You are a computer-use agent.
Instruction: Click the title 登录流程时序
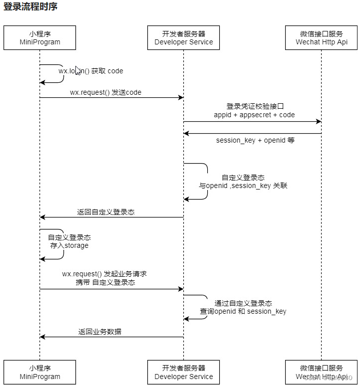30,7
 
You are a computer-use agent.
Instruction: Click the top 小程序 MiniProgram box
40,38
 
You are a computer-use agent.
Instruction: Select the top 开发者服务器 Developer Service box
184,38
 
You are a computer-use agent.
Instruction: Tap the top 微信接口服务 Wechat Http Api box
322,38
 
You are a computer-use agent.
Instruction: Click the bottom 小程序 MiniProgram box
40,372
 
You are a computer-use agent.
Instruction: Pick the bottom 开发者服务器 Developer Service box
184,372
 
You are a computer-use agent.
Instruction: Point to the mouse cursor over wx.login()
78,70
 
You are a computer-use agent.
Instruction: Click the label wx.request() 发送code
105,92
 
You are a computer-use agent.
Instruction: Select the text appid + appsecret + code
254,115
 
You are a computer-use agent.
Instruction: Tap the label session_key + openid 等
255,140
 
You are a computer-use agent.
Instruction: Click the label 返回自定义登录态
106,212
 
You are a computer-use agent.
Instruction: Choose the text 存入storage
69,245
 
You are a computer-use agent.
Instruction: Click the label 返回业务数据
100,331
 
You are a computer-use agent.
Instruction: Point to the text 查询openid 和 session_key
243,311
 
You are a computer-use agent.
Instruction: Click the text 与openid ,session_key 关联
243,186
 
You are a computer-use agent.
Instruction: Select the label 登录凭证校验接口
255,106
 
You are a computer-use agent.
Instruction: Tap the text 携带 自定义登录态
105,282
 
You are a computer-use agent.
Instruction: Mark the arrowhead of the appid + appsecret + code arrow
318,122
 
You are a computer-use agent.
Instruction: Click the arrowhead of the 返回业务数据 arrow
43,337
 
